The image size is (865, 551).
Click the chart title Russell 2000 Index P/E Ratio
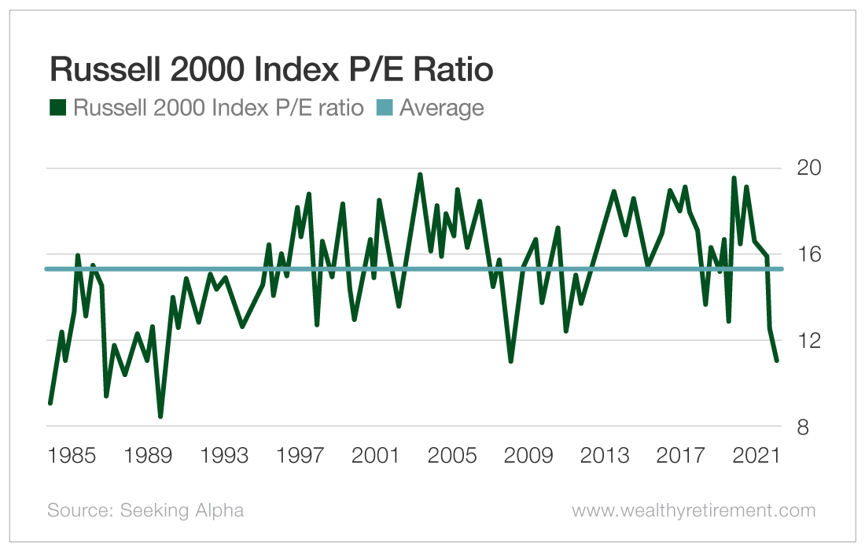pos(271,71)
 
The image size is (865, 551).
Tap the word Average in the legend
pos(441,108)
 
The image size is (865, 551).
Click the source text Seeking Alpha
pos(145,511)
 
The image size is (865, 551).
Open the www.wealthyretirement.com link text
pos(694,511)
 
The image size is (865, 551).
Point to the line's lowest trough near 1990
pos(160,416)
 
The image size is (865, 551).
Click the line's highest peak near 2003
pos(420,175)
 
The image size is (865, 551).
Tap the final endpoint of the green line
pos(777,361)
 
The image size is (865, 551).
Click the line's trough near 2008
pos(511,361)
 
